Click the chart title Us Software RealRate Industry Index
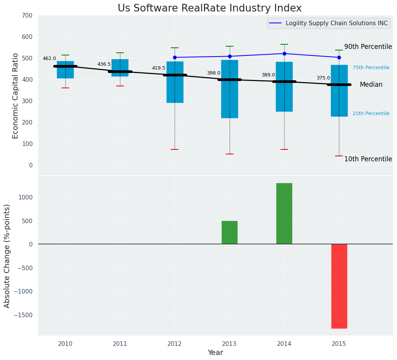click(x=209, y=8)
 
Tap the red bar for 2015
click(x=339, y=286)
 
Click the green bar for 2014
click(x=284, y=213)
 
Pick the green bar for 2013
click(x=230, y=232)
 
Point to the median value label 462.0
click(x=49, y=59)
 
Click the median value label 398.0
click(x=214, y=73)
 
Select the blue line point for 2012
click(x=175, y=57)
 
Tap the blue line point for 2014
click(x=284, y=54)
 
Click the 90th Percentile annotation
click(x=368, y=47)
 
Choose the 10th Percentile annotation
click(x=368, y=159)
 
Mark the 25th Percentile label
click(x=371, y=114)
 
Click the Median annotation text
click(x=371, y=85)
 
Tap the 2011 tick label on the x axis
click(x=120, y=344)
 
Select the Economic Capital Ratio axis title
click(x=16, y=96)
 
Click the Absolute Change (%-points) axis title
click(x=7, y=256)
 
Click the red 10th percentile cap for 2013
click(x=230, y=154)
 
